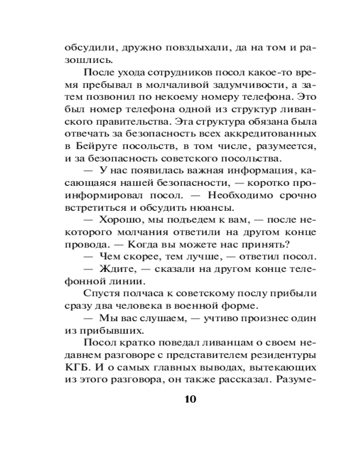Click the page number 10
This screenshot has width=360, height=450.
[190, 400]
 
